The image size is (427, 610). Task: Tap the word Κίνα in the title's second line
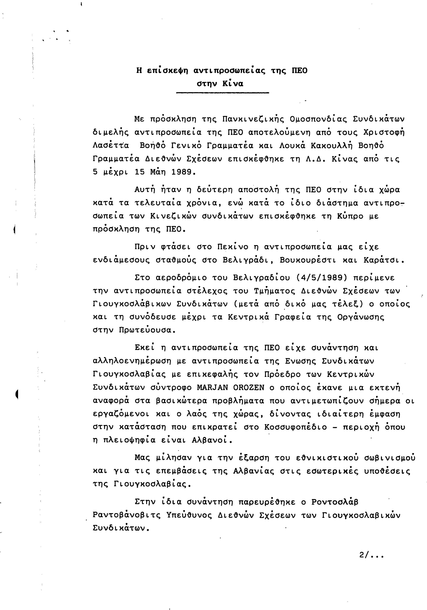[x=233, y=84]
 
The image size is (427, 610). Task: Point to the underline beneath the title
[x=222, y=93]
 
